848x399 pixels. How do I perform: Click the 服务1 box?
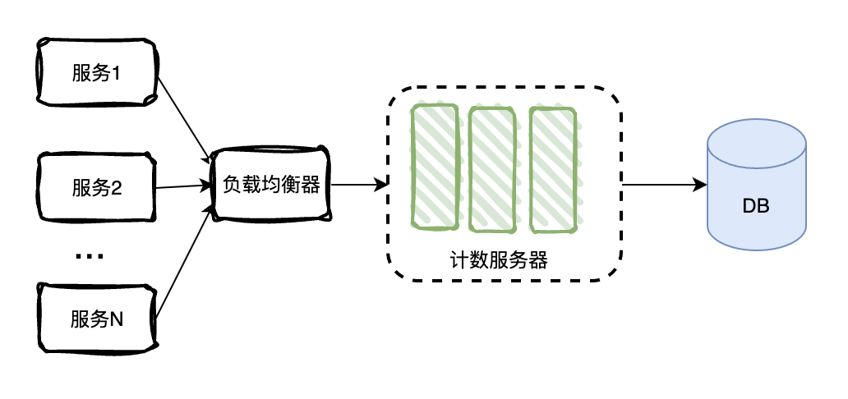point(96,72)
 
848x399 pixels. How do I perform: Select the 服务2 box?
point(96,188)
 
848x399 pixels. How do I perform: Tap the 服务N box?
point(96,317)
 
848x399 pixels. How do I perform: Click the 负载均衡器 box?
point(270,186)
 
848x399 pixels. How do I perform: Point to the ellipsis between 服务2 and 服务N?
point(89,257)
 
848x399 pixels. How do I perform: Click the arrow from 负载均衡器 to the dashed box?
point(357,186)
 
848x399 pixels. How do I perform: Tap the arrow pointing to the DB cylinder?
point(661,186)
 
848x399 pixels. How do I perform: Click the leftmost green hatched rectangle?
point(435,167)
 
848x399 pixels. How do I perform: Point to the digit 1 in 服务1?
point(117,73)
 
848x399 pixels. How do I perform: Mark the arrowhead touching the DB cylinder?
point(700,186)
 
